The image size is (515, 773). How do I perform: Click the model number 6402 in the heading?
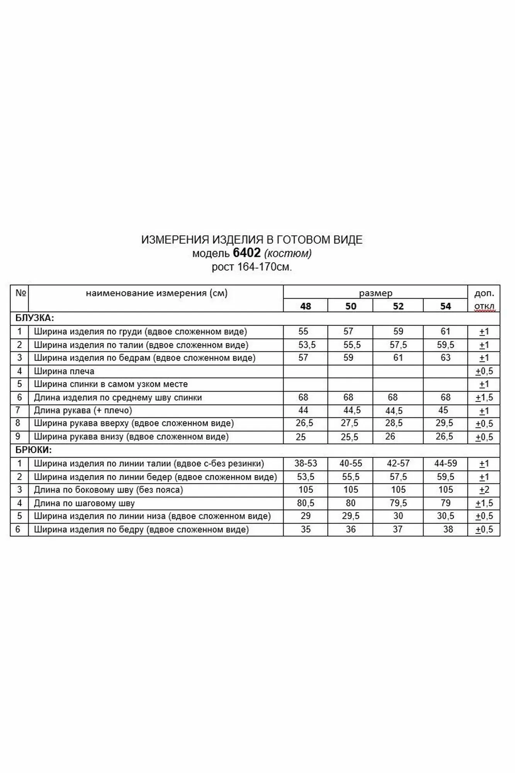click(247, 253)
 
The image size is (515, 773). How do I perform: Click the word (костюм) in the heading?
click(288, 253)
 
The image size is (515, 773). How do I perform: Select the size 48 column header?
click(305, 306)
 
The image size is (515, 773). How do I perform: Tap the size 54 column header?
click(445, 306)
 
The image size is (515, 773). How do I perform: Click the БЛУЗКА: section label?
click(34, 318)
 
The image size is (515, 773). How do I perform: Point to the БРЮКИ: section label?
click(34, 450)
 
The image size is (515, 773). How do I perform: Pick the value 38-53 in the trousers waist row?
click(306, 463)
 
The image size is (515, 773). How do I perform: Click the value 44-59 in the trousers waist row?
click(445, 463)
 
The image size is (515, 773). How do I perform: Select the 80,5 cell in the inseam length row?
click(306, 503)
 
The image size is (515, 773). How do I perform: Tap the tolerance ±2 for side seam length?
click(484, 490)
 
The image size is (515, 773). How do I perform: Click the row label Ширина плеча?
click(64, 371)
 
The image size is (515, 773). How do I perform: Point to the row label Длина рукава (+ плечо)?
click(83, 410)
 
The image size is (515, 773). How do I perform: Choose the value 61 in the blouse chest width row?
click(445, 331)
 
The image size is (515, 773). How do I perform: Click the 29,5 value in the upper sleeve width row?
click(444, 423)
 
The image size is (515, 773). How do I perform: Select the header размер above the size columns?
click(376, 293)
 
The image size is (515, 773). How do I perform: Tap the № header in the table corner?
click(20, 293)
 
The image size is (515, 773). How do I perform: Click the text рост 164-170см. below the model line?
click(252, 267)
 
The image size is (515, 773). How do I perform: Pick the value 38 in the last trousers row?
click(448, 529)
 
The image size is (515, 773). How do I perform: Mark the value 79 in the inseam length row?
click(445, 503)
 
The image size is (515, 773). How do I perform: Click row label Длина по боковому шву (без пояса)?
click(109, 490)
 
